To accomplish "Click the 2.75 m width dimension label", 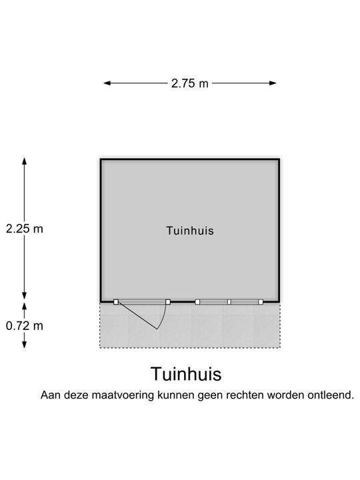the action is pos(189,83).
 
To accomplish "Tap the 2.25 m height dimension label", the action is pos(25,229).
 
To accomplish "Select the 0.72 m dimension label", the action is pos(25,326).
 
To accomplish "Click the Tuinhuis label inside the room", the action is pos(190,231).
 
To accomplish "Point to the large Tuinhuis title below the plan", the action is pos(186,374).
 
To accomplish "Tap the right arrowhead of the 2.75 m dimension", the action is pos(273,83).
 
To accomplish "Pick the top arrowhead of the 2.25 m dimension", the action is pos(25,161).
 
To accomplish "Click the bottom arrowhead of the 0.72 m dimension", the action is pos(25,345).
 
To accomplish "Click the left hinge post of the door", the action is pos(116,302).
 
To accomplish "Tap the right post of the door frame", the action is pos(168,302).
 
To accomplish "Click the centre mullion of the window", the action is pos(229,302).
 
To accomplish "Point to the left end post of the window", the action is pos(197,302).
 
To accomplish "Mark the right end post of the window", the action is pos(261,302).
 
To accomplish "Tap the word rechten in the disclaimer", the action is pos(245,395).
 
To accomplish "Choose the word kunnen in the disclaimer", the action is pos(176,395).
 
